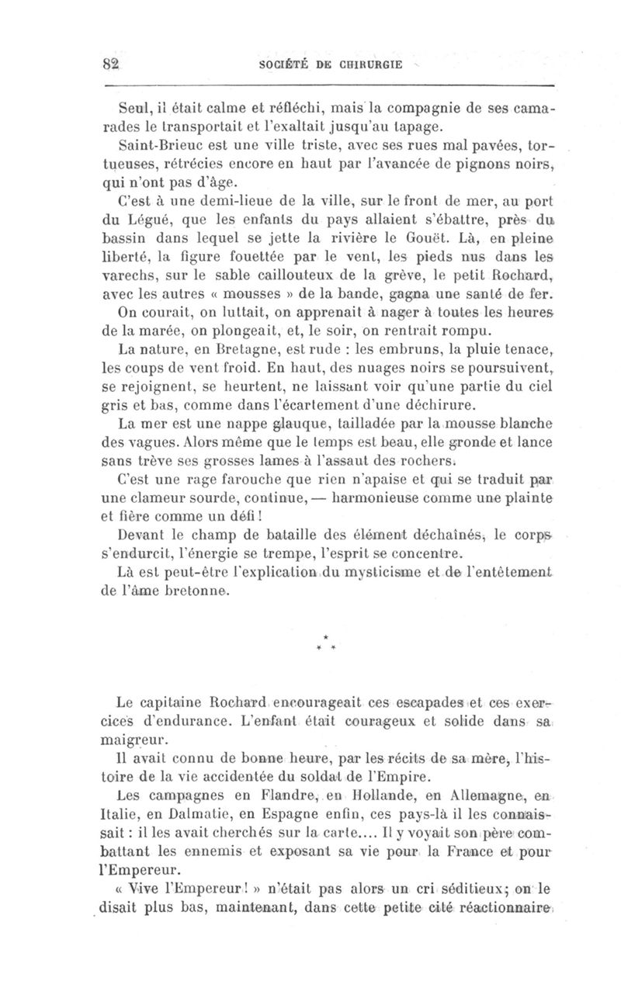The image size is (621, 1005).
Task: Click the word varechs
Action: pos(133,276)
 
